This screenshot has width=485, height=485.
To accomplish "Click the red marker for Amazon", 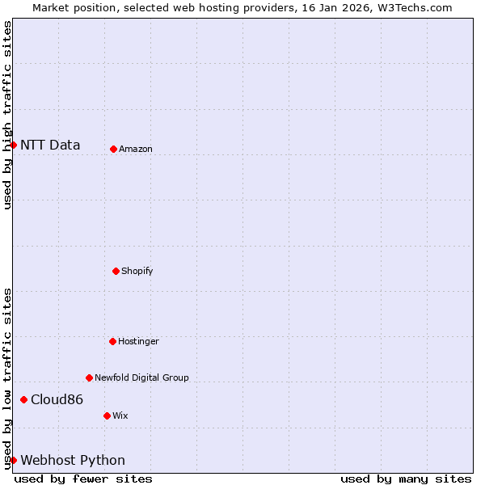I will coord(113,149).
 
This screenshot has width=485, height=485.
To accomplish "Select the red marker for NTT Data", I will coord(13,145).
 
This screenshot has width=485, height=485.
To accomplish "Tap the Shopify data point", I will coord(116,271).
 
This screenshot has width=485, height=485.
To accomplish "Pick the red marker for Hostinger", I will coord(112,341).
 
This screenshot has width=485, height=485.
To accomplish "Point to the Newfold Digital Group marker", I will coord(89,377).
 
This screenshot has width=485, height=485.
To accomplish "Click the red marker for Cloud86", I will coord(23,399).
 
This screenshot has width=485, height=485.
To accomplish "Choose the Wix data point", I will coord(107,415).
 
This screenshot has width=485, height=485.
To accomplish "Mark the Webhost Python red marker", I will coord(13,460).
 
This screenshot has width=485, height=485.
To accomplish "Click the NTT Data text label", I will coord(50,145).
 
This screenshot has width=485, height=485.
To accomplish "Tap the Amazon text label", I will coord(136,150).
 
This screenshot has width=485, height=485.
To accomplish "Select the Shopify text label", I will coord(137,272).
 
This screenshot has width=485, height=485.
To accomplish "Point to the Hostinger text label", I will coord(138,342).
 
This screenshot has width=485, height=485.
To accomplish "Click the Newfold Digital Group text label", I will coord(141,378).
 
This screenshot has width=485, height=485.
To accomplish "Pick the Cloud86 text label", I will coord(57,400).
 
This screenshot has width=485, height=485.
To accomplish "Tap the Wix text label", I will coord(120,416).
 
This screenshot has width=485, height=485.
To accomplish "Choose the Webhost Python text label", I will coord(73,461).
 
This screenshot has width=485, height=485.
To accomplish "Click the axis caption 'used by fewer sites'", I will coord(83,479).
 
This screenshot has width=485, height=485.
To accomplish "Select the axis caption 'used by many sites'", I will coord(406,479).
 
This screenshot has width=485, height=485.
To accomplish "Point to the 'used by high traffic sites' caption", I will coord(7,115).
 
